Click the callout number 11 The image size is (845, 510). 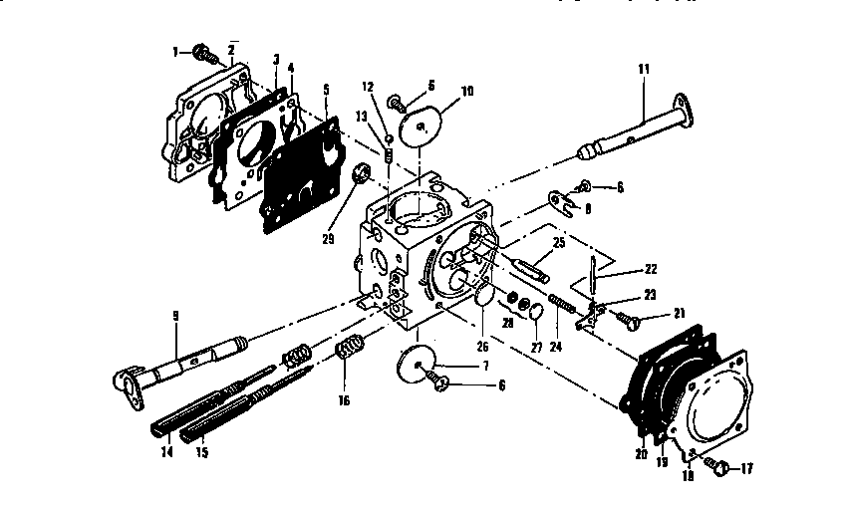[x=643, y=70]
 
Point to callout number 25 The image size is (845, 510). [x=558, y=242]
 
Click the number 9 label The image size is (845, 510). [x=175, y=317]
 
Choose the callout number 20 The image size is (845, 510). [x=641, y=452]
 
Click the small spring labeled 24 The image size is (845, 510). [x=561, y=301]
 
